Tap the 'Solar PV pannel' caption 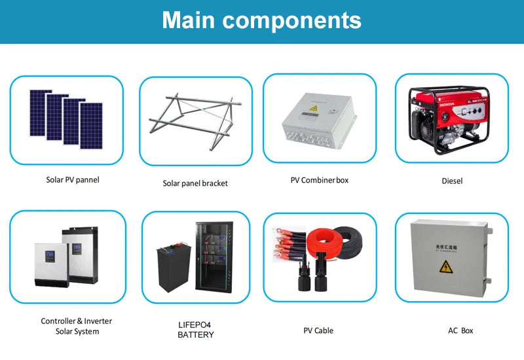pos(73,179)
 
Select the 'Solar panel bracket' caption pos(195,183)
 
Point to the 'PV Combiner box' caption pos(320,179)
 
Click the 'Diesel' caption pos(452,181)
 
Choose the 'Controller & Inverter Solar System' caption pos(77,326)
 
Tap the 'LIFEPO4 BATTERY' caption pos(195,330)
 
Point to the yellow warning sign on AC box pos(446,266)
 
